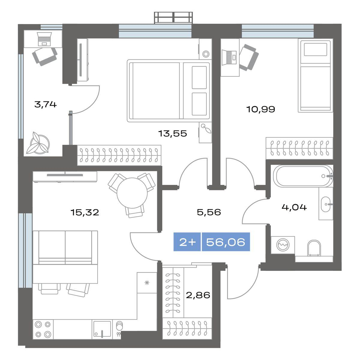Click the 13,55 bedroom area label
click(x=172, y=134)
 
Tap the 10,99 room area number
click(x=261, y=109)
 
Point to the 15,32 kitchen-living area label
click(x=85, y=212)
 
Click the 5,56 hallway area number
click(x=209, y=212)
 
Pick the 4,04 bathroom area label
click(x=294, y=207)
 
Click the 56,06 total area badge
click(x=226, y=242)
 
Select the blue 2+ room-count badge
click(x=187, y=242)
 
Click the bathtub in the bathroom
click(x=303, y=176)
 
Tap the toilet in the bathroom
click(x=314, y=248)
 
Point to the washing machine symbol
click(x=283, y=245)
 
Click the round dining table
click(x=132, y=193)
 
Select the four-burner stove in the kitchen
click(x=43, y=330)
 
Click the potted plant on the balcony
click(x=38, y=143)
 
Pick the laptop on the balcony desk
click(x=44, y=39)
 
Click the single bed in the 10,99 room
click(x=315, y=76)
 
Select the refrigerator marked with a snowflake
click(x=147, y=283)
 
